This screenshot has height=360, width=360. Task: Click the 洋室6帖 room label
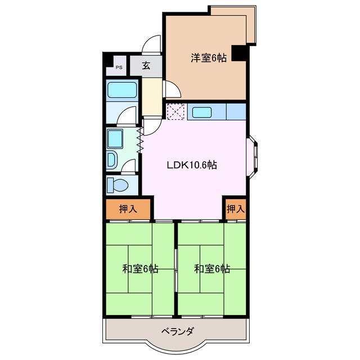coord(208,57)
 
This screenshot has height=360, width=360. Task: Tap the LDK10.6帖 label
coord(191,165)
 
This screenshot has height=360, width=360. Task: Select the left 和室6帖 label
coord(140,269)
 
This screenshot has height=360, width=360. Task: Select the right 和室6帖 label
coord(212,269)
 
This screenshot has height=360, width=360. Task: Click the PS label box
coord(119,67)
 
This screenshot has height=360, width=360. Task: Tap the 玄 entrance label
coord(146,66)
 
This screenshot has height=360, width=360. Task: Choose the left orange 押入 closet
coord(128,209)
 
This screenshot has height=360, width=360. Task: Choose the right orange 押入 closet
coord(235,209)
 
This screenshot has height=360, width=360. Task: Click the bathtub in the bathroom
coord(122,90)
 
